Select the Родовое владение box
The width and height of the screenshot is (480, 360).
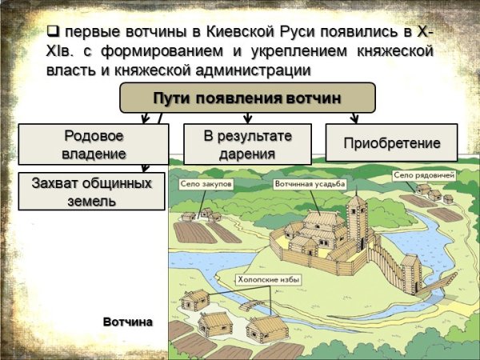(93, 144)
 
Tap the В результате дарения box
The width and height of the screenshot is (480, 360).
(247, 144)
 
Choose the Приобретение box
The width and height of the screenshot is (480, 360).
(391, 144)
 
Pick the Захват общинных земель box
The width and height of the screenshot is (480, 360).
(91, 191)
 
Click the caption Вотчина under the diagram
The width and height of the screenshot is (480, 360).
(127, 321)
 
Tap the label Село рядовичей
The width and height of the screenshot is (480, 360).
(424, 174)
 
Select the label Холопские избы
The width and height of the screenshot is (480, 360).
(266, 280)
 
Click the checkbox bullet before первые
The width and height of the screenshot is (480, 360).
(54, 33)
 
